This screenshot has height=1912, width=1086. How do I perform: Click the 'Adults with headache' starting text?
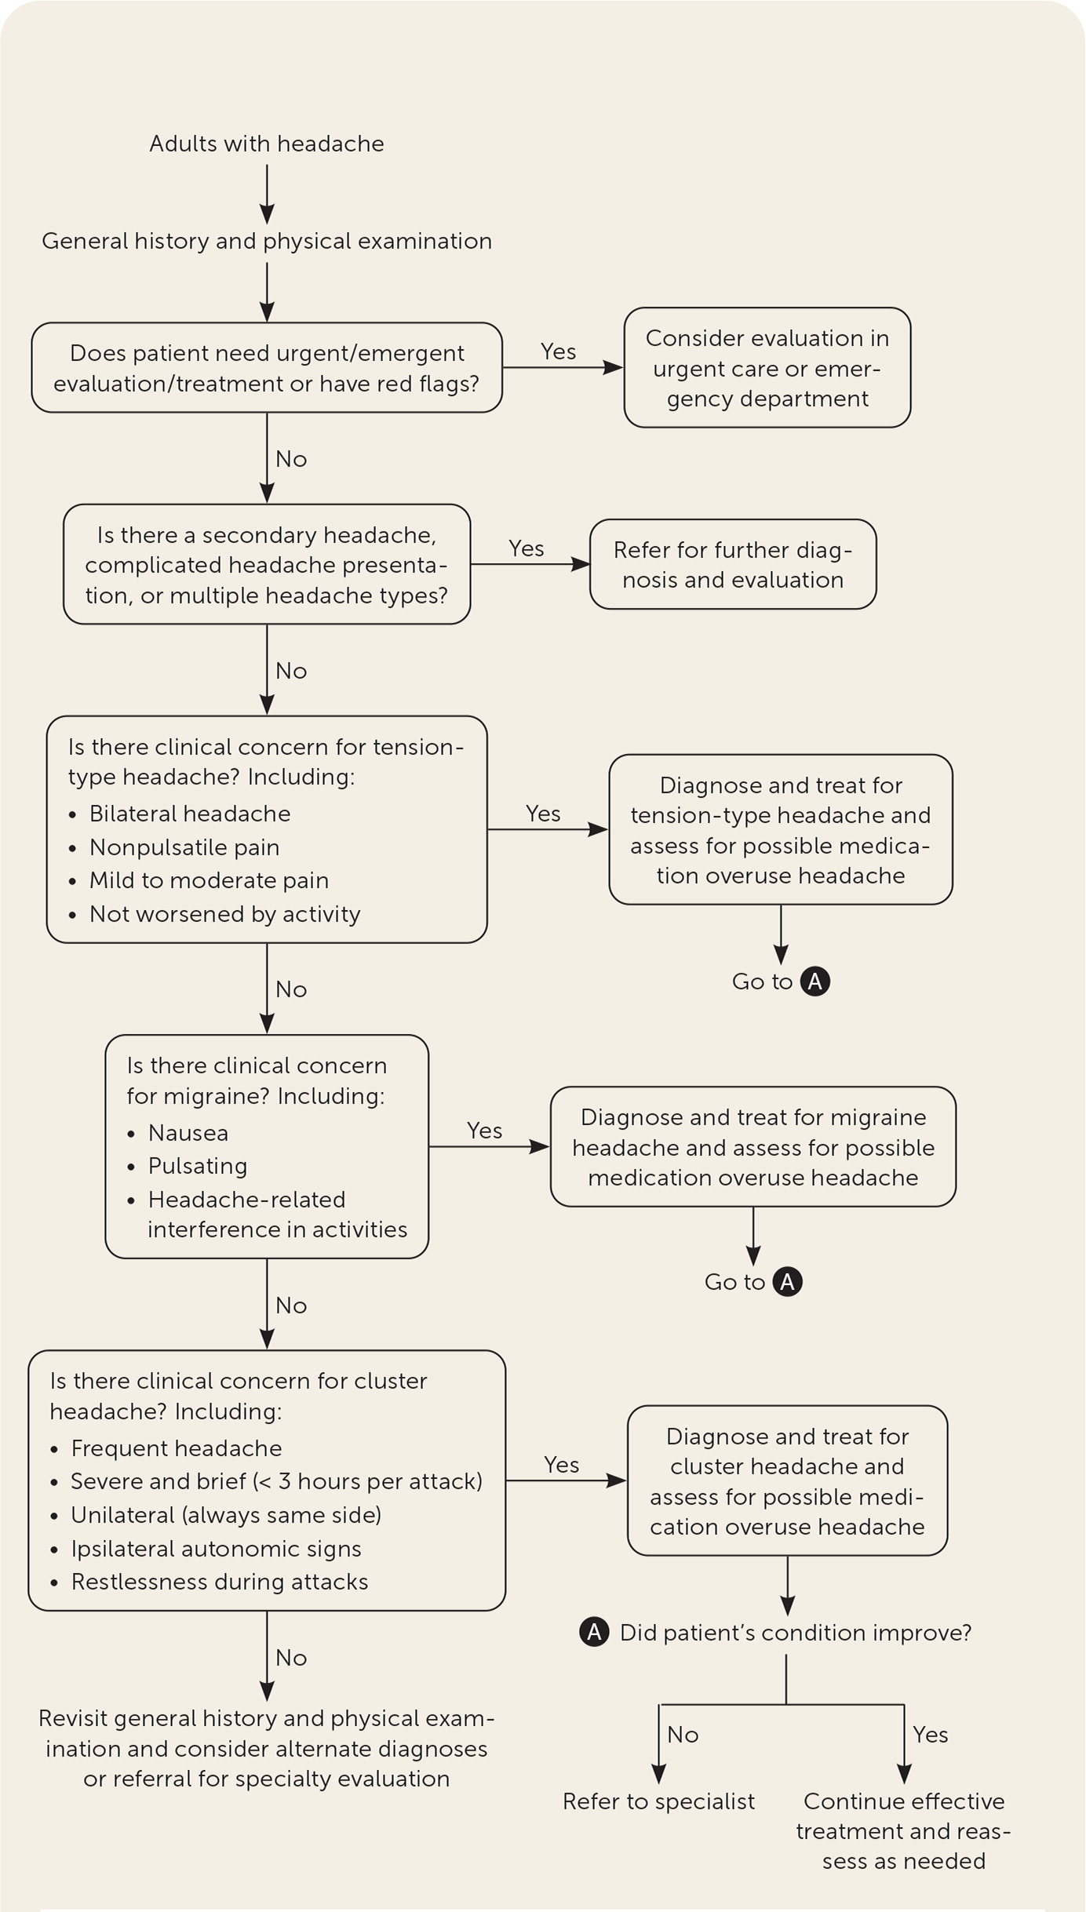click(x=267, y=144)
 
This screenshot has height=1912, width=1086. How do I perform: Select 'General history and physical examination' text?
click(x=267, y=241)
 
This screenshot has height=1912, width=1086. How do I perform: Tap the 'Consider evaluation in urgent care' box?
click(x=767, y=368)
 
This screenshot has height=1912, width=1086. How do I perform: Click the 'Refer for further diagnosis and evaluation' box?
click(x=732, y=564)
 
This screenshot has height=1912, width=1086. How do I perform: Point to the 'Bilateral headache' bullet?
click(x=189, y=814)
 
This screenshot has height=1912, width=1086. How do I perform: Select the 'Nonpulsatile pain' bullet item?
click(x=184, y=847)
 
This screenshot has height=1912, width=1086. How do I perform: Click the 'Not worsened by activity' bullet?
click(x=224, y=914)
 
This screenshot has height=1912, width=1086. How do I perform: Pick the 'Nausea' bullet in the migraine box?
click(x=188, y=1133)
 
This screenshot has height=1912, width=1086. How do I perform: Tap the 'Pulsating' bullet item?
click(x=197, y=1166)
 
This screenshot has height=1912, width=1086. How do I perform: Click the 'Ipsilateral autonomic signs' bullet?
click(x=216, y=1549)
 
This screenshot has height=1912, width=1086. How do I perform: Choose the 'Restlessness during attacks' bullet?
click(x=219, y=1582)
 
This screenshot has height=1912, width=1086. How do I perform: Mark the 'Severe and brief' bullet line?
click(x=276, y=1481)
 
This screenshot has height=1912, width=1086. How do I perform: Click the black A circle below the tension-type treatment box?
click(x=815, y=981)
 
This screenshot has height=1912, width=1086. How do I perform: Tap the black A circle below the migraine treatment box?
click(x=788, y=1282)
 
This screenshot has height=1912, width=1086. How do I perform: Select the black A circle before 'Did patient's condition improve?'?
click(x=594, y=1633)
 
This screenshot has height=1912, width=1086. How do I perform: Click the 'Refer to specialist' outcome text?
click(x=658, y=1801)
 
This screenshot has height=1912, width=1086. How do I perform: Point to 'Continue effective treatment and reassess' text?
click(x=904, y=1831)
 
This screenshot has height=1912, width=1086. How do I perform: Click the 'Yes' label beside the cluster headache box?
click(x=562, y=1465)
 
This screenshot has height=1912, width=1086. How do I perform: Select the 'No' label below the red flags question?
click(x=291, y=459)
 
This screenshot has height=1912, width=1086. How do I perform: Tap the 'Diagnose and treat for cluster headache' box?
click(x=787, y=1481)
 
